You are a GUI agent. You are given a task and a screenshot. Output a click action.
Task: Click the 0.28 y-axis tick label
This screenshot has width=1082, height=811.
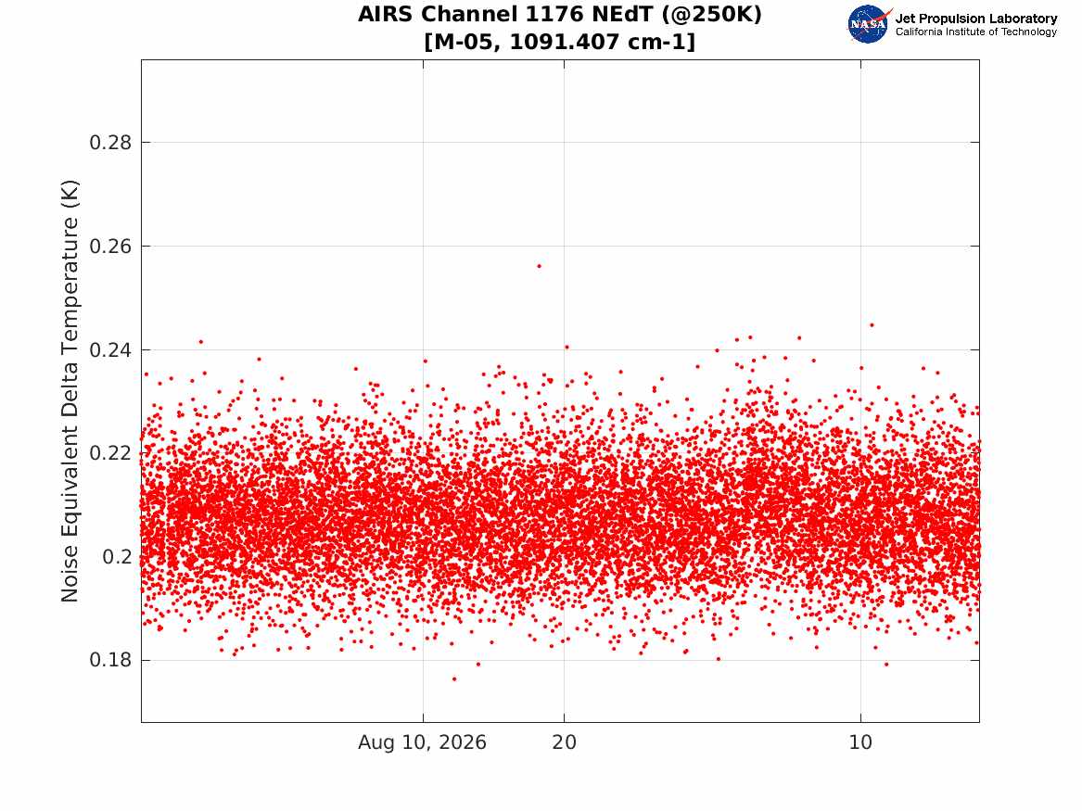110,143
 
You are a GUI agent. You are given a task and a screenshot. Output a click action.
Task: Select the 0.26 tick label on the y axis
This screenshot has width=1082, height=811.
110,247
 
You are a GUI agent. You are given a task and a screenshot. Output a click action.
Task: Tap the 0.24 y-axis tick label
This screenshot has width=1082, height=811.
110,349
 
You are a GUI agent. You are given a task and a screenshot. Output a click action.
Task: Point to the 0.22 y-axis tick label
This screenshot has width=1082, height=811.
110,453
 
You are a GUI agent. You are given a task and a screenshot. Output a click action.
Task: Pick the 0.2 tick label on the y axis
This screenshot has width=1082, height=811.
117,556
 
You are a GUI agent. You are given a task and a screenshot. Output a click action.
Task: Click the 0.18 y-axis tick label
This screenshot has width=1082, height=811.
110,660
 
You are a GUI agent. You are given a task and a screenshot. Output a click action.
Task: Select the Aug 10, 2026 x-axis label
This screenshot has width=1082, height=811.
422,742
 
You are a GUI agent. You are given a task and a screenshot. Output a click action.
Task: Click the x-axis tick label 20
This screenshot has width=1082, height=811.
565,742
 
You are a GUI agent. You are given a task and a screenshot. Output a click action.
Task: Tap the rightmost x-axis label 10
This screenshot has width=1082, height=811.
860,742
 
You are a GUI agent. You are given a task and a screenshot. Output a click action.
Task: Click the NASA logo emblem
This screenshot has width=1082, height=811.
869,24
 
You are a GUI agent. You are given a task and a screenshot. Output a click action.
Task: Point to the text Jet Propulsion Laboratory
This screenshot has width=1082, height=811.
976,19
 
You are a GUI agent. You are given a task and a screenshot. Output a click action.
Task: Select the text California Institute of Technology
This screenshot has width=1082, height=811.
976,32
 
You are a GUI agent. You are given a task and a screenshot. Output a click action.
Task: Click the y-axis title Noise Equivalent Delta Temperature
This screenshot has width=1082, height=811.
70,391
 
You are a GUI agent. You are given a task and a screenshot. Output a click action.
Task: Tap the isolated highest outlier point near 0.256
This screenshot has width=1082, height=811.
540,266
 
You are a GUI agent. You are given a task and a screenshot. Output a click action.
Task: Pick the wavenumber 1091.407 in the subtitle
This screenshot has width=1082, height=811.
565,42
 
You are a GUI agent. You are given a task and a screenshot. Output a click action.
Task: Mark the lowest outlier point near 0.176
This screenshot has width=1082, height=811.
454,678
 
